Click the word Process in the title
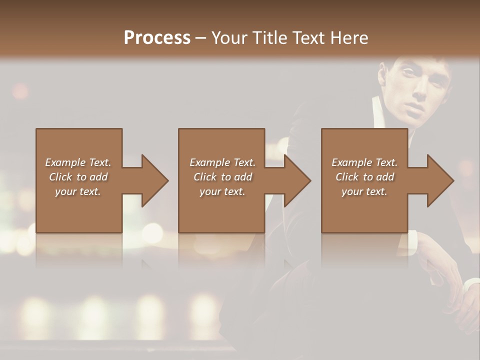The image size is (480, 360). (157, 37)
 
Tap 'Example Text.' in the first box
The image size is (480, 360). (78, 162)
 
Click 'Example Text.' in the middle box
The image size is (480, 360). (222, 162)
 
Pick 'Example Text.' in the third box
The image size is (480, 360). (364, 162)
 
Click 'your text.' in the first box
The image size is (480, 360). (78, 191)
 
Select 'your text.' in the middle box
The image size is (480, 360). (222, 191)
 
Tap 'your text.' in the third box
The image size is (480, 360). (364, 191)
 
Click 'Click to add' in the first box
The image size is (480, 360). (78, 177)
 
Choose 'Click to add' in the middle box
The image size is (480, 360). (222, 177)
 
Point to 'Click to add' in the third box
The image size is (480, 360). (364, 177)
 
